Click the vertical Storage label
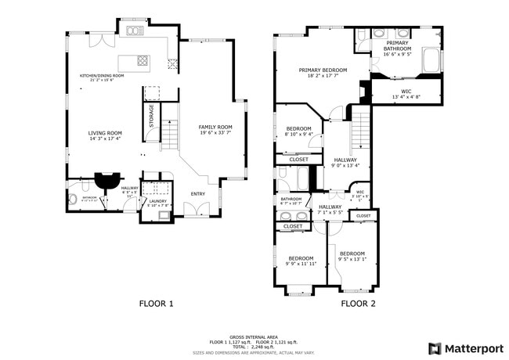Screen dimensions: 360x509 click(x=152, y=116)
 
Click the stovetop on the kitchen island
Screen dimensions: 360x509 click(x=143, y=59)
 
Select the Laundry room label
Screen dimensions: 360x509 click(x=157, y=203)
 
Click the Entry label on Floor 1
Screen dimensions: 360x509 click(x=198, y=194)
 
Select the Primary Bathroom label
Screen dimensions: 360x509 click(x=397, y=49)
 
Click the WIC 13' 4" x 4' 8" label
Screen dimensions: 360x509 click(x=406, y=93)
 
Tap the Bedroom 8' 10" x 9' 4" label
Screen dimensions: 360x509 click(x=299, y=131)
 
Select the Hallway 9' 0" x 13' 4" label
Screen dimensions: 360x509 click(x=345, y=162)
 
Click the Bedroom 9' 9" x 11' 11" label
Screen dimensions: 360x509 click(x=301, y=261)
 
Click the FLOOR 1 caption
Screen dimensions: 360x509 click(x=157, y=304)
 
